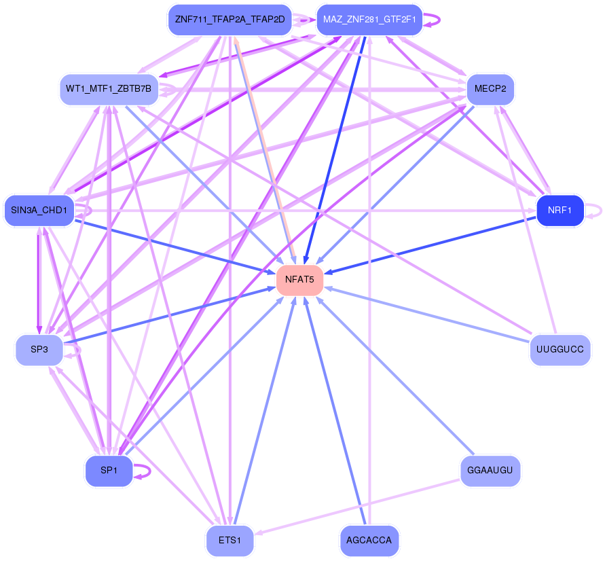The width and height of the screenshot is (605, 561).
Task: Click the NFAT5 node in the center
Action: coord(299,279)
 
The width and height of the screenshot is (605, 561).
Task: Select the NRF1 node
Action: coord(560,211)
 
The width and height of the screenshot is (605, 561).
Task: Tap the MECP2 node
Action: coord(490,89)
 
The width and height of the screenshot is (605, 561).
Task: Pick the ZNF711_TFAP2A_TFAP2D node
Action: coord(230,19)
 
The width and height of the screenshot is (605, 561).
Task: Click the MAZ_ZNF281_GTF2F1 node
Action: coord(369,19)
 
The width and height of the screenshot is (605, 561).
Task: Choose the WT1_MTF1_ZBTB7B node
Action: coord(109,89)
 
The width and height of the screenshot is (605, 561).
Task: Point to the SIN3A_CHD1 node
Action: coord(39,211)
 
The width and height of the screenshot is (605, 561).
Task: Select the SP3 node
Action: coord(39,350)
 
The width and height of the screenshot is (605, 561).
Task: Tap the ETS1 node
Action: coord(230,541)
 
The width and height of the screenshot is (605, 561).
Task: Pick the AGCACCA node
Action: coord(369,541)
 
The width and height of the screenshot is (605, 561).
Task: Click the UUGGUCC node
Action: coord(560,350)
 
